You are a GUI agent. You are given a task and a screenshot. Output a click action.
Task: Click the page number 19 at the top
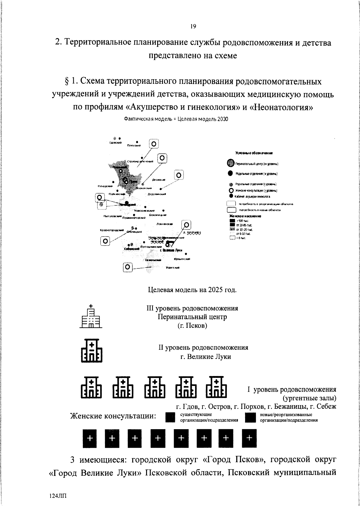click(193, 27)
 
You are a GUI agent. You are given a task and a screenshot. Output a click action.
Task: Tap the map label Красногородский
click(112, 230)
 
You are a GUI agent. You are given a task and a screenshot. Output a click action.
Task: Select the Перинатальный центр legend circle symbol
click(230, 164)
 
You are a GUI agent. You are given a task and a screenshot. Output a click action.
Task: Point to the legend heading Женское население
click(245, 216)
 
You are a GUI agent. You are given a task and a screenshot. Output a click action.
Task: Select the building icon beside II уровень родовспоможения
click(92, 351)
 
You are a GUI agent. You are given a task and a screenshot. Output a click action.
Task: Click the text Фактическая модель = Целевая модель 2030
click(176, 119)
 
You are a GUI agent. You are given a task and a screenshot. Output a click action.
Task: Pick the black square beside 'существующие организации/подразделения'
click(170, 417)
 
